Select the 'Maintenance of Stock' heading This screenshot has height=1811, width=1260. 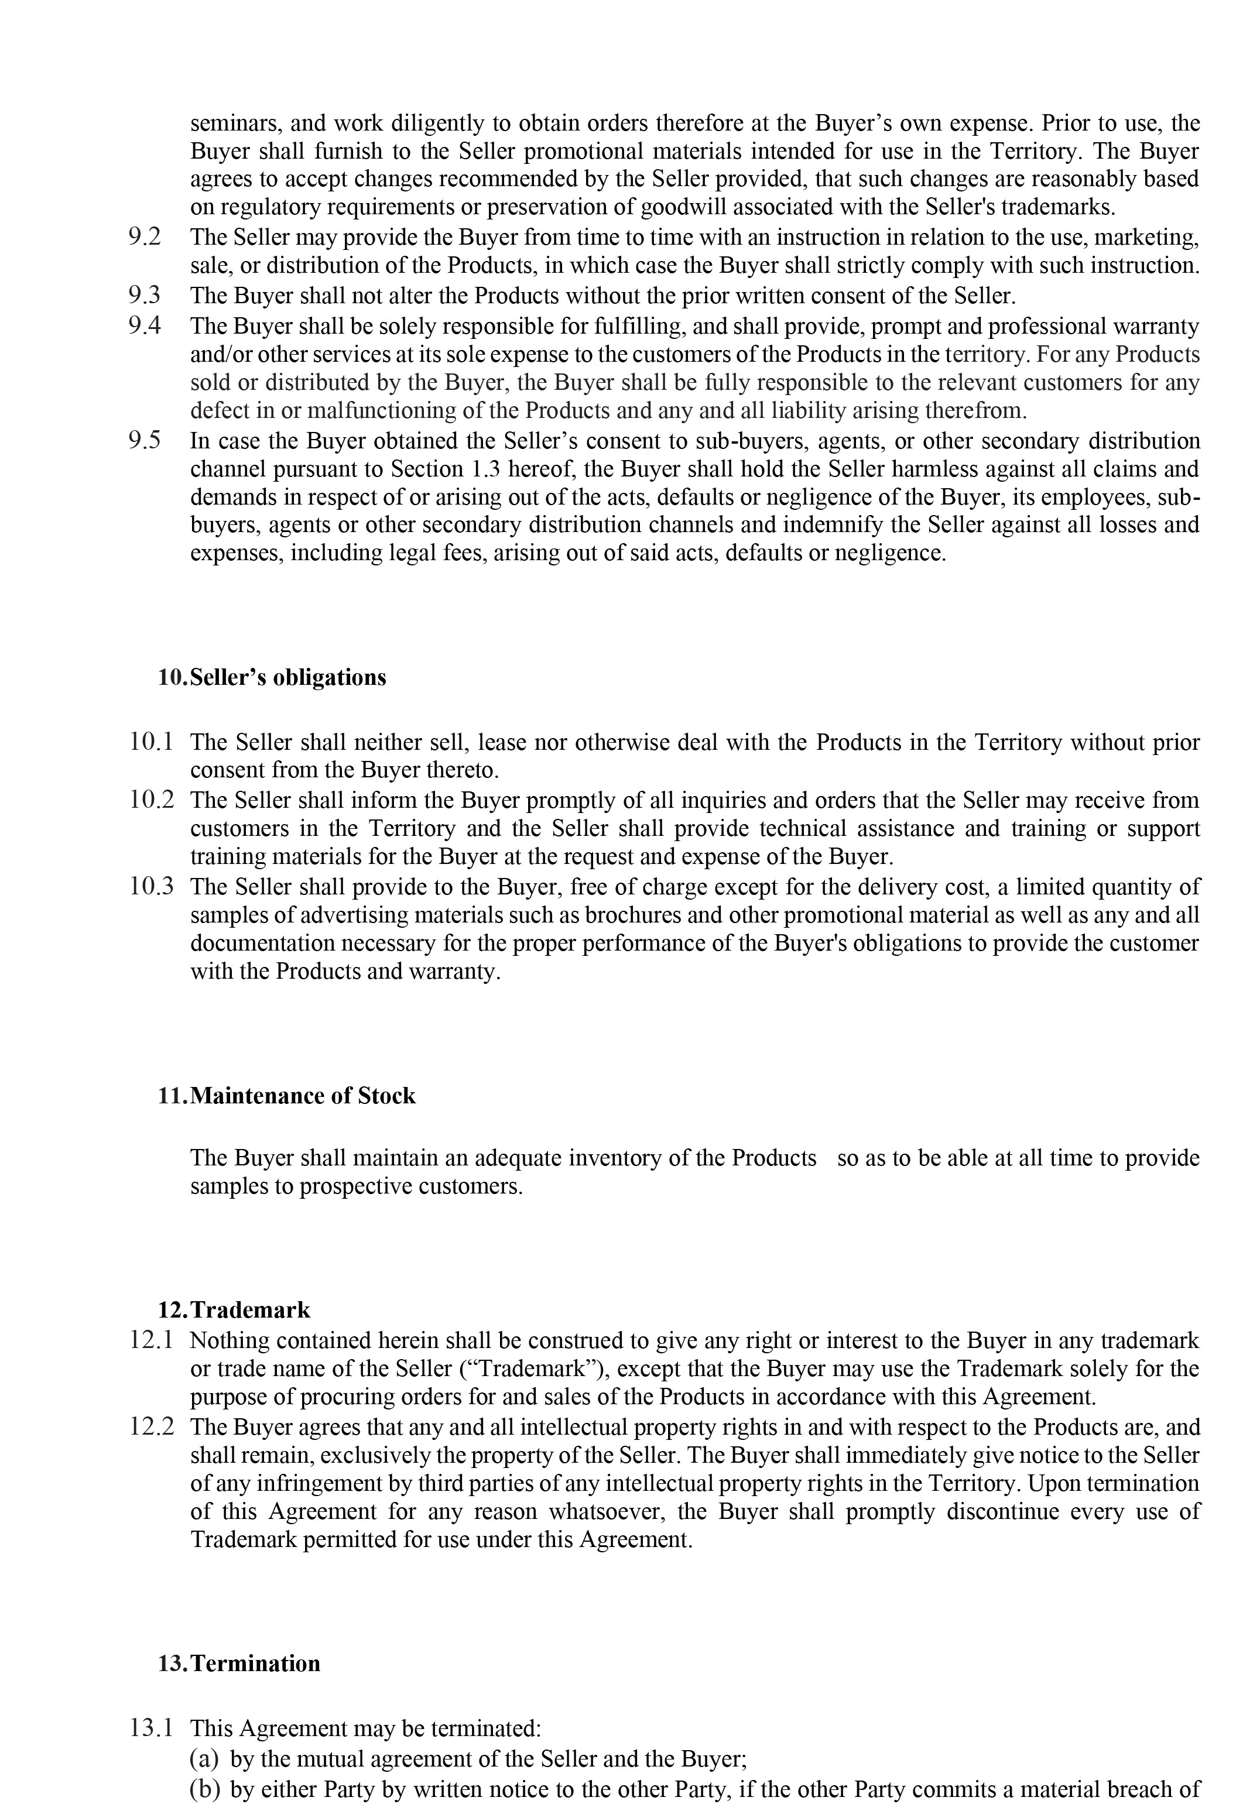(x=302, y=1096)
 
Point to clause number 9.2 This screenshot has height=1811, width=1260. (x=145, y=236)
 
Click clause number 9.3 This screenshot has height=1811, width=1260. (x=145, y=296)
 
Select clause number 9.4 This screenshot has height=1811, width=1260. (x=145, y=326)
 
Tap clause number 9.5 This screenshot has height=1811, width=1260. (x=145, y=440)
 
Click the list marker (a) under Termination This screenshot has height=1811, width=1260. (x=204, y=1758)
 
